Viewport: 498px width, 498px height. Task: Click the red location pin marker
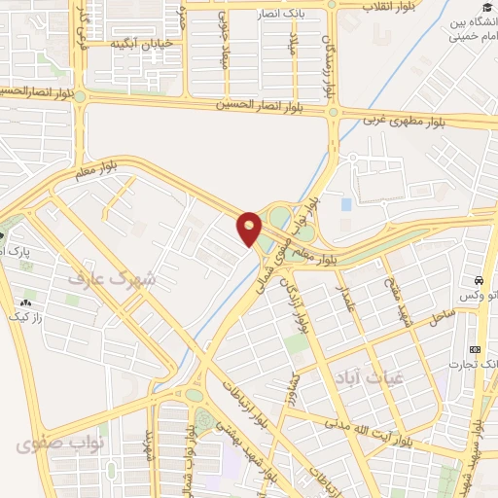click(x=249, y=228)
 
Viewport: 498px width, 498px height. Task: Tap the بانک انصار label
click(x=281, y=15)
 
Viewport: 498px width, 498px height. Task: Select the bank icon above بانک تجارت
click(x=476, y=349)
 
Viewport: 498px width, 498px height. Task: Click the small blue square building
click(x=346, y=204)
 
